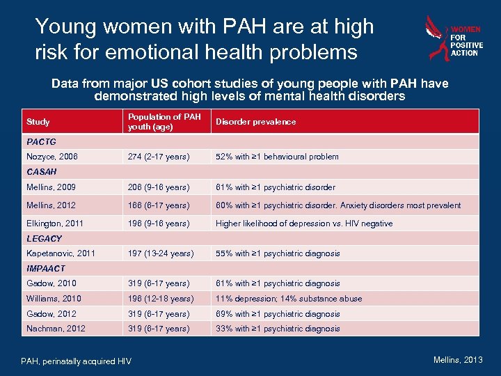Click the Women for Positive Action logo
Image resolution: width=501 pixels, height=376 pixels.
point(452,38)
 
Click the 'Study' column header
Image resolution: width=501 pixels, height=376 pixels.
point(38,122)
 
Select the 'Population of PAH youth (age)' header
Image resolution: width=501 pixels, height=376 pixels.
point(164,122)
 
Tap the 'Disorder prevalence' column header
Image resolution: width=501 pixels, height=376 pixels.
point(255,122)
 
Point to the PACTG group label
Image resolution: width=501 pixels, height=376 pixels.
point(41,141)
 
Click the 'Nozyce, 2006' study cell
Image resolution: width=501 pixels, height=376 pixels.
point(51,157)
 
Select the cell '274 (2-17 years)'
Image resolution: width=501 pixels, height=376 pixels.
point(159,157)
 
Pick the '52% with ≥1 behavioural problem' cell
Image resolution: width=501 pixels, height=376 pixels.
point(277,157)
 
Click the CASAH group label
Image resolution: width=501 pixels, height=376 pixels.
point(42,171)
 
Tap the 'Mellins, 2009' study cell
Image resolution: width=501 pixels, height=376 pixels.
point(51,187)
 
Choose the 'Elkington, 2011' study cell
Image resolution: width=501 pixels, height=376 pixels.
point(54,224)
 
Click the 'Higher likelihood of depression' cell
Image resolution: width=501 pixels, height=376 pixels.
point(304,224)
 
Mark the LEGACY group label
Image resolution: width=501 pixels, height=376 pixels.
point(44,238)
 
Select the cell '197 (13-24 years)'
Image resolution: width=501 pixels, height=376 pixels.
point(161,253)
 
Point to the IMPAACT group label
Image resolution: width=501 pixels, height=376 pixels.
point(46,268)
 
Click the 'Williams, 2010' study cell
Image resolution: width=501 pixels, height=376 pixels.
point(54,299)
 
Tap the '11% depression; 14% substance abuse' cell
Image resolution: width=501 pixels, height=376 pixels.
point(289,299)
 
